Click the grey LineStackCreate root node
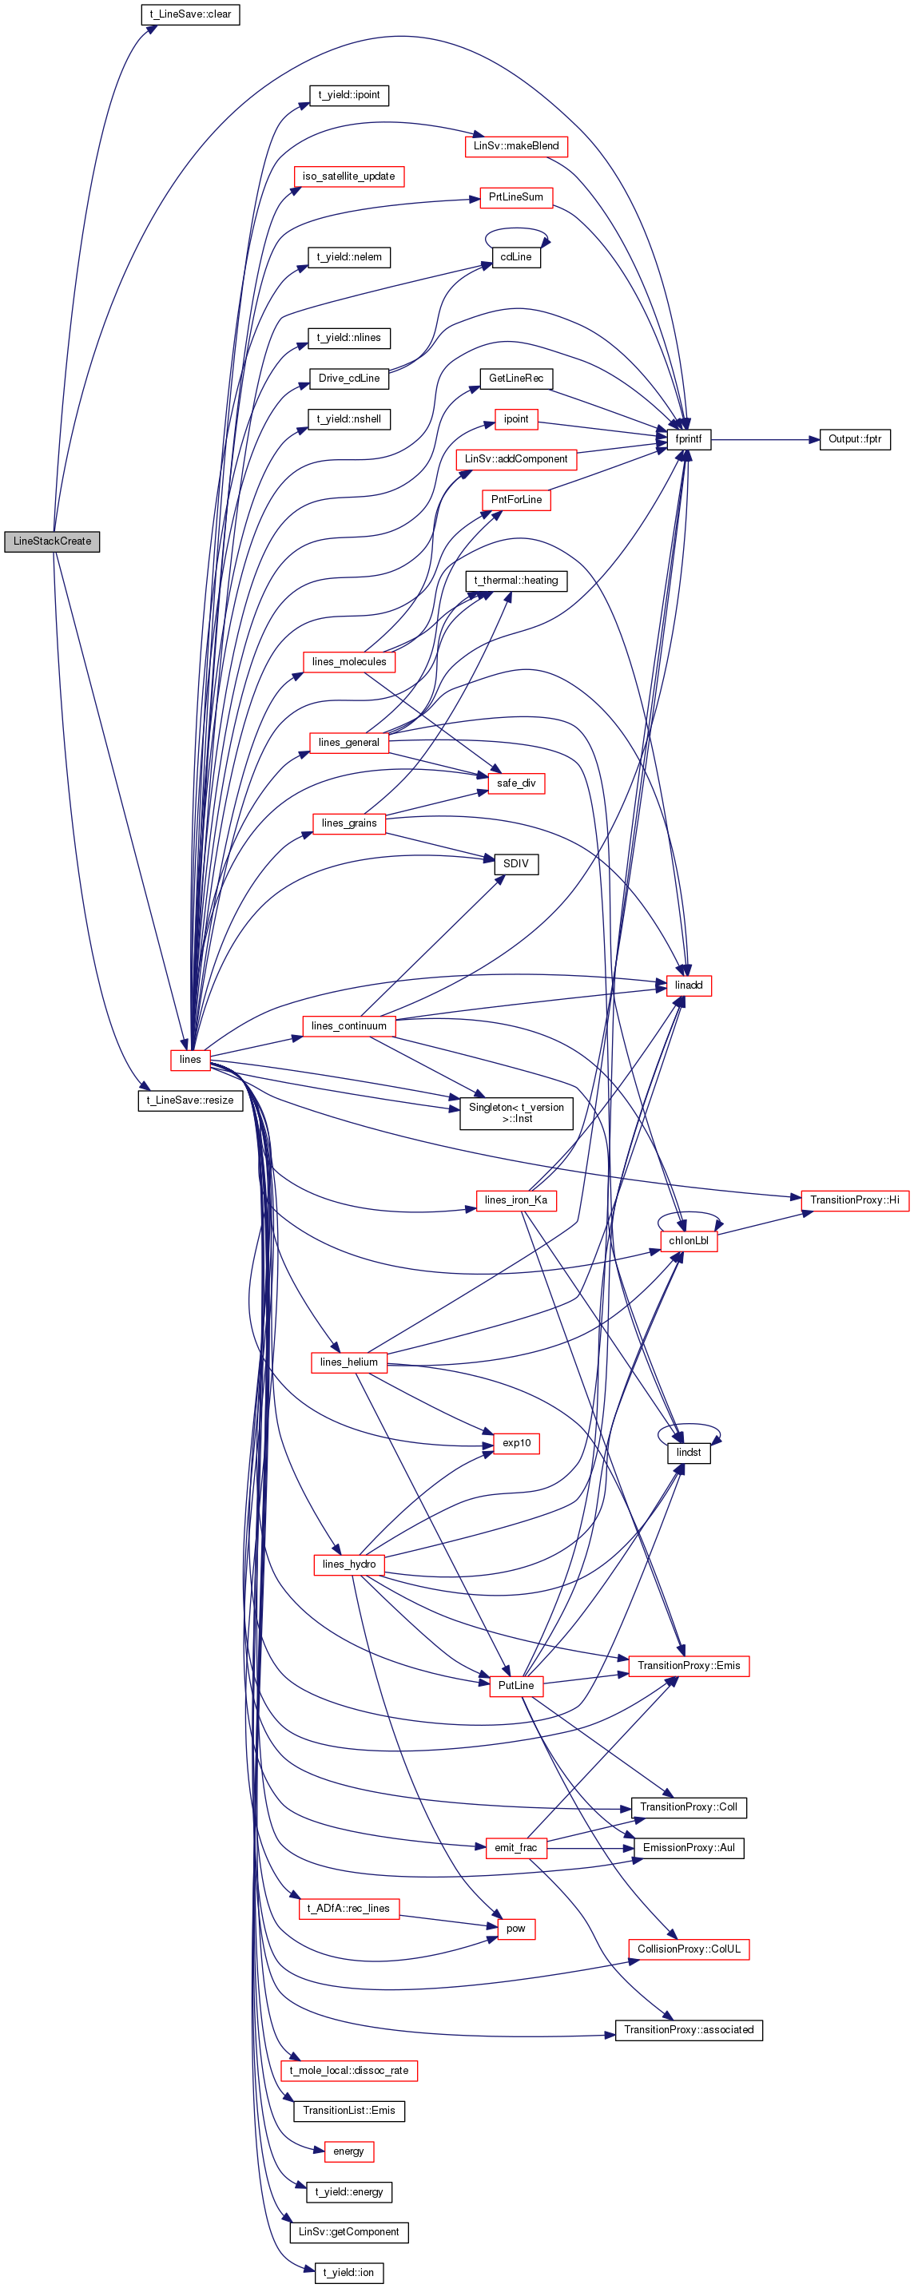click(51, 541)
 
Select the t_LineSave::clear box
click(190, 14)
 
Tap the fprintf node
click(688, 438)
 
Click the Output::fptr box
click(855, 438)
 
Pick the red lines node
click(190, 1059)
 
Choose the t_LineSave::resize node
click(190, 1100)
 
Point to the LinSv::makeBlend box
click(515, 145)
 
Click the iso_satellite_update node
click(348, 176)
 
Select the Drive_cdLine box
click(348, 379)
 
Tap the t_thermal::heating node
click(515, 580)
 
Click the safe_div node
click(515, 783)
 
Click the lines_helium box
click(348, 1362)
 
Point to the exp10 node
click(515, 1442)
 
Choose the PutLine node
click(515, 1685)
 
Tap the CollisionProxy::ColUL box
click(688, 1949)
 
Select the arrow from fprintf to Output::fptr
click(764, 438)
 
